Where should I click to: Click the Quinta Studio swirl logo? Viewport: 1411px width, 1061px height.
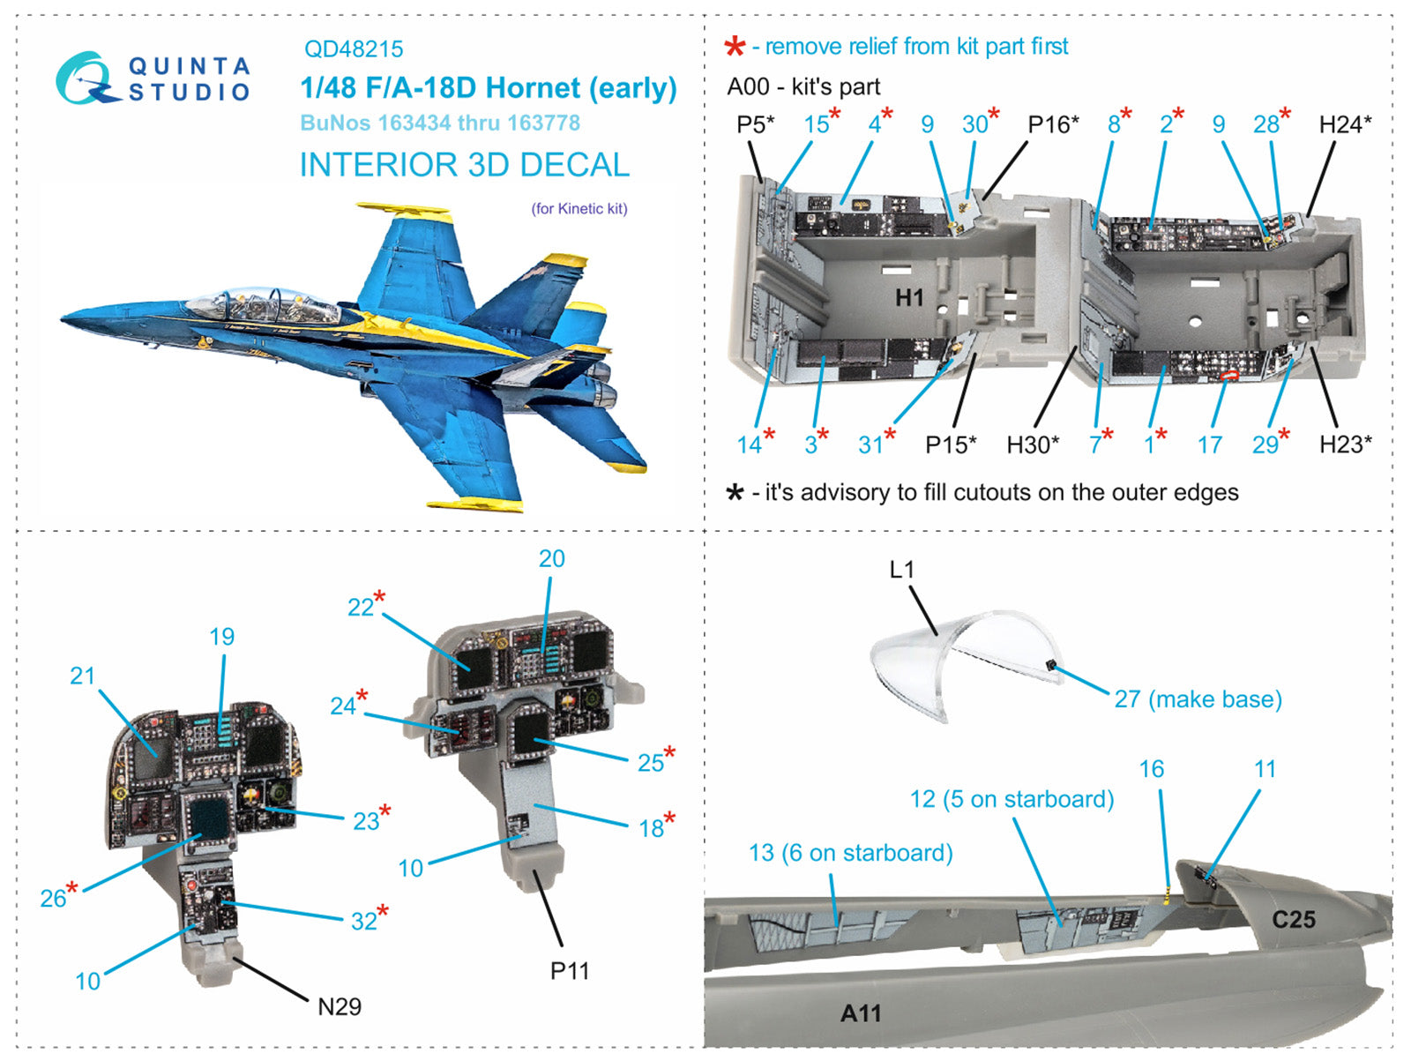(x=85, y=78)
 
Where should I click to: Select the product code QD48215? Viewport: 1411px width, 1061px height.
(x=354, y=49)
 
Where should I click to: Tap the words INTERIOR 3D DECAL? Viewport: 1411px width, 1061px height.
(x=464, y=165)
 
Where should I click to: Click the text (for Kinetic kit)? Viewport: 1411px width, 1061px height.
(x=579, y=209)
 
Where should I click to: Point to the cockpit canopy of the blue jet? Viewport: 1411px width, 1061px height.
(x=265, y=304)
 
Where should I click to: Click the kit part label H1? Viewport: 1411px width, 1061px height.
(x=909, y=298)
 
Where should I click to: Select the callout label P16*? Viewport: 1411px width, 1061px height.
(x=1053, y=124)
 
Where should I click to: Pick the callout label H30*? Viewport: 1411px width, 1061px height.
(x=1033, y=445)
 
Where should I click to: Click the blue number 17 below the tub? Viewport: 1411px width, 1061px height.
(x=1209, y=445)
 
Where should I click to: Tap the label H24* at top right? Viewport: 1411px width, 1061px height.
(x=1345, y=124)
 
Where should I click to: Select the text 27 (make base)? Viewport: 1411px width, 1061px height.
(x=1198, y=699)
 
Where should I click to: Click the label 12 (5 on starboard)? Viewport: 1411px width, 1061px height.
(x=1012, y=799)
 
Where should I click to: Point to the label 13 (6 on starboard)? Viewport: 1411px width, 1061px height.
(x=850, y=853)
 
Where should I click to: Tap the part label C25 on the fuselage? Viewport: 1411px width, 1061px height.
(x=1293, y=920)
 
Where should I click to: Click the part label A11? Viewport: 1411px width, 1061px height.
(x=860, y=1013)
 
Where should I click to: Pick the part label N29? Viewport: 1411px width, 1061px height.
(x=339, y=1006)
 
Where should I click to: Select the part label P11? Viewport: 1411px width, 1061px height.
(x=569, y=971)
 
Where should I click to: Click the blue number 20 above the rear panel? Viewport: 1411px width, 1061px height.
(x=551, y=558)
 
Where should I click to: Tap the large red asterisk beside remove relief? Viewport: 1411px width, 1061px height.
(x=734, y=47)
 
